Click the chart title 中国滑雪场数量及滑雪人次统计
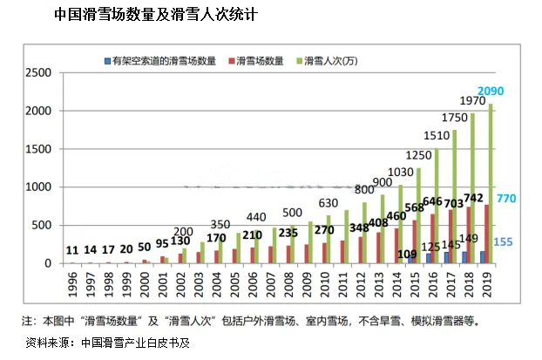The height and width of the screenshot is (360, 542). (156, 16)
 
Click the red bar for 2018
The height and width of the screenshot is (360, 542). (467, 234)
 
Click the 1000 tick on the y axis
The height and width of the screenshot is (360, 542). (38, 187)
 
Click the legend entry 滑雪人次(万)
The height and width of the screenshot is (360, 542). (333, 61)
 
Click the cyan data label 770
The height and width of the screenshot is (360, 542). (507, 199)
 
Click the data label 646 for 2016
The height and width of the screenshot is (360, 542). (434, 202)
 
